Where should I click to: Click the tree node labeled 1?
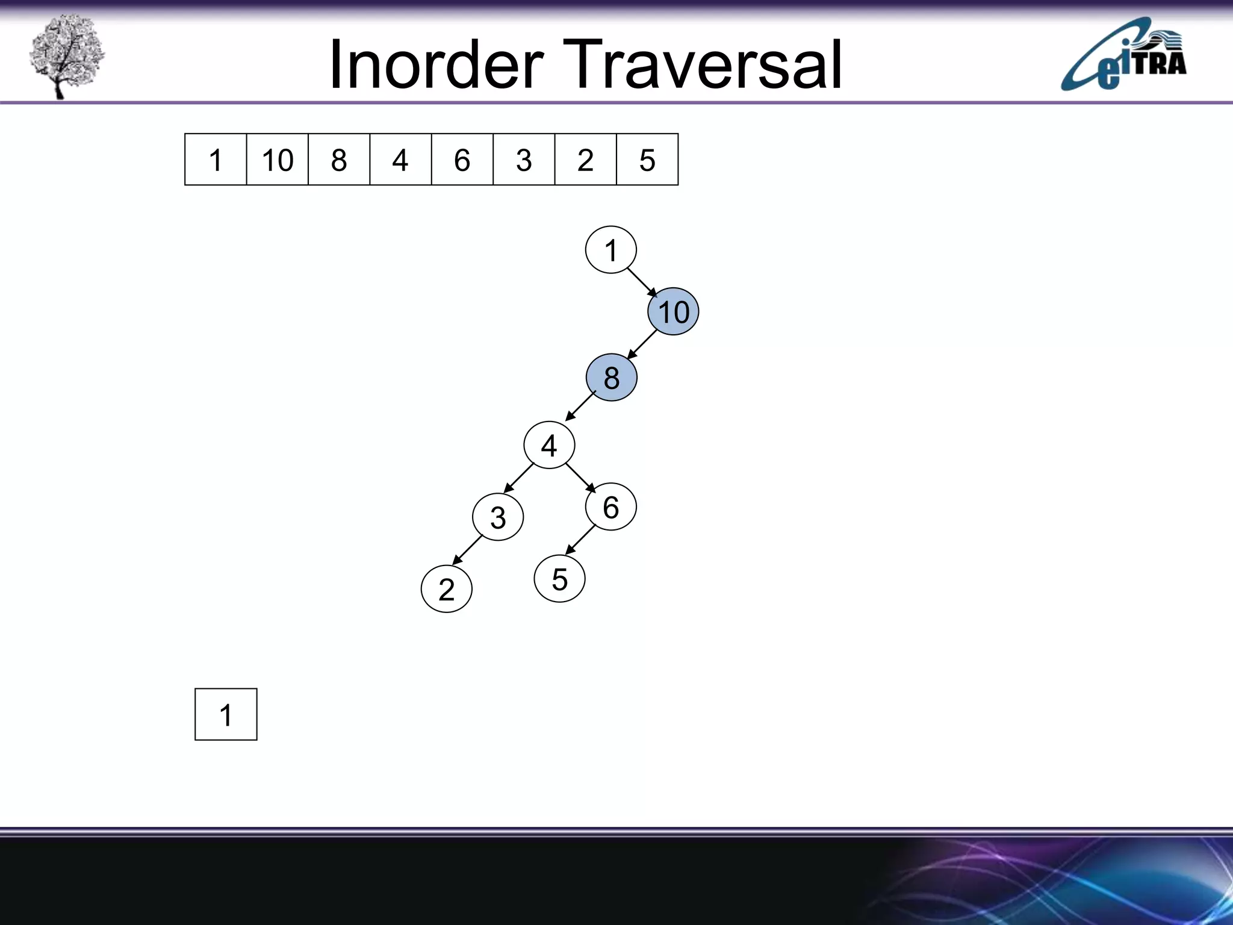click(x=610, y=250)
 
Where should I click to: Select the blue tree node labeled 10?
click(x=673, y=312)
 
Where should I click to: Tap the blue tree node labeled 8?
click(x=611, y=378)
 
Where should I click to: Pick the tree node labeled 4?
click(x=549, y=446)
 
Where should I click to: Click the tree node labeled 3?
click(x=498, y=517)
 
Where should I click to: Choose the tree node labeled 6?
click(x=610, y=507)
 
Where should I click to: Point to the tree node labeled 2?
click(x=446, y=589)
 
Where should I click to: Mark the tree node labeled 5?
click(x=559, y=579)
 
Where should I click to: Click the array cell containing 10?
click(x=277, y=160)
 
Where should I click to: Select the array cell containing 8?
click(x=339, y=160)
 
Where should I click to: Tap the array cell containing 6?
click(x=462, y=160)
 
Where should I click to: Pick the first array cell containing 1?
click(x=216, y=160)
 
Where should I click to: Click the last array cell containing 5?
click(x=647, y=160)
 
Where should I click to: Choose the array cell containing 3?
click(x=524, y=160)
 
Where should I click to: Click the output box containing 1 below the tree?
click(x=226, y=714)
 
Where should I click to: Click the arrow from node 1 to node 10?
click(x=642, y=282)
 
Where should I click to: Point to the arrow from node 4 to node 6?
click(x=580, y=478)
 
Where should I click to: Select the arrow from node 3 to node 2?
click(x=467, y=550)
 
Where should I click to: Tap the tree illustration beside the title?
click(x=66, y=56)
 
